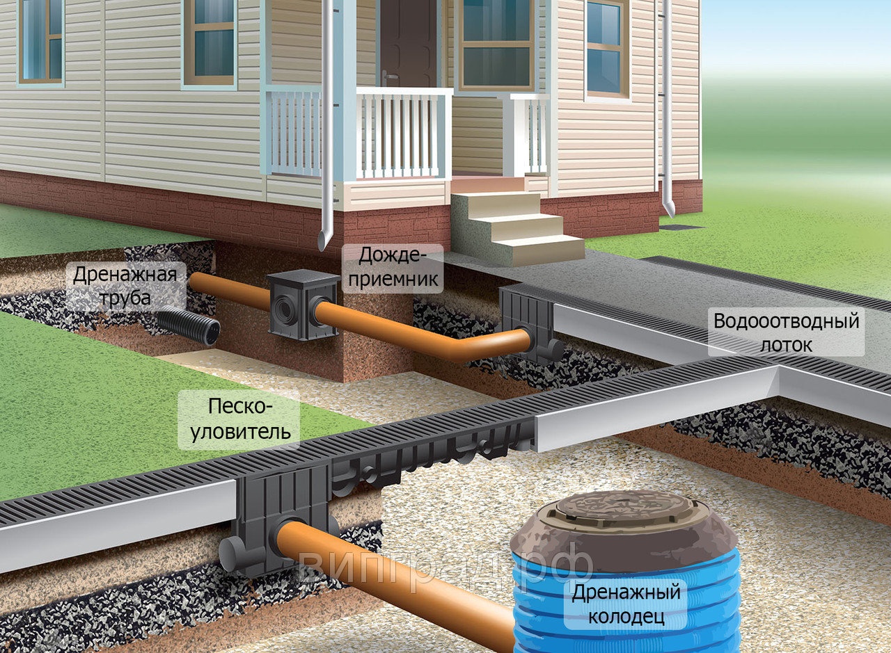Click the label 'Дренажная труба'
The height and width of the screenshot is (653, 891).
(125, 286)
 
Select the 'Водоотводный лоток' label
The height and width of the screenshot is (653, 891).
(787, 332)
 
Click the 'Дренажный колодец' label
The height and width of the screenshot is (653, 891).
(626, 604)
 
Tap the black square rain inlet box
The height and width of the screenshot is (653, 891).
(303, 305)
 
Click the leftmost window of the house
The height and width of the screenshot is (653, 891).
(40, 42)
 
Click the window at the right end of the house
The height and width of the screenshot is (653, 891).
(606, 48)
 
